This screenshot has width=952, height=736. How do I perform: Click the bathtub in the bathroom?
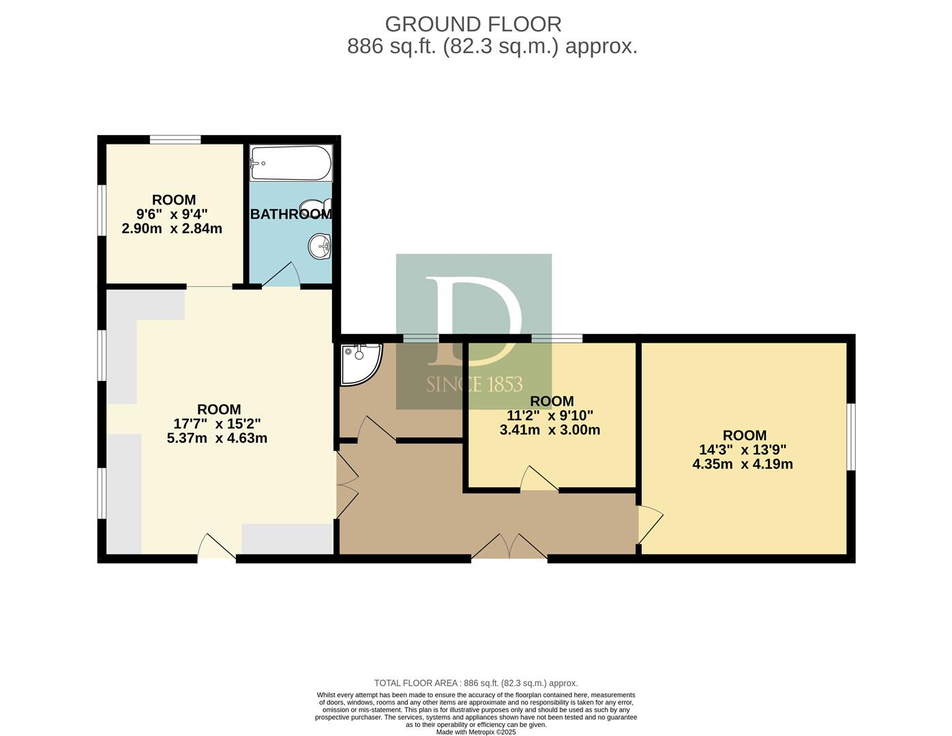pyautogui.click(x=291, y=163)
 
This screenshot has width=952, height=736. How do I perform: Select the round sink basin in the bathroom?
pyautogui.click(x=320, y=247)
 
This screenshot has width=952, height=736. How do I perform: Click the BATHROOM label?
pyautogui.click(x=291, y=214)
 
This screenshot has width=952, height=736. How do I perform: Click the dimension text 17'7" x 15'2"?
pyautogui.click(x=218, y=424)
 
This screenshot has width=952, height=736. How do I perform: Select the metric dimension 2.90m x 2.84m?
pyautogui.click(x=172, y=228)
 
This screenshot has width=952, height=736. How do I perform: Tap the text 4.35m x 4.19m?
pyautogui.click(x=743, y=464)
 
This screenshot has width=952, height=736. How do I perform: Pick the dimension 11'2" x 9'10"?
pyautogui.click(x=550, y=415)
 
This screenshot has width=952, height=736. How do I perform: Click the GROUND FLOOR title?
pyautogui.click(x=473, y=25)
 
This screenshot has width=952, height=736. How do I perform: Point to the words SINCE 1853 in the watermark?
pyautogui.click(x=475, y=384)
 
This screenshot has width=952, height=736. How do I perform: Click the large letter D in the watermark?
pyautogui.click(x=474, y=321)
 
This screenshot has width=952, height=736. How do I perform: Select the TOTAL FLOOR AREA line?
pyautogui.click(x=476, y=683)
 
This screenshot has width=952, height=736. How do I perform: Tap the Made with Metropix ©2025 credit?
pyautogui.click(x=476, y=732)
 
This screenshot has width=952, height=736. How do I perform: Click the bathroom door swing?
pyautogui.click(x=281, y=275)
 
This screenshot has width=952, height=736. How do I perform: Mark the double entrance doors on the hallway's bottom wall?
pyautogui.click(x=509, y=546)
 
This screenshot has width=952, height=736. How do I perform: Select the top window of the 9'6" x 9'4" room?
pyautogui.click(x=175, y=140)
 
